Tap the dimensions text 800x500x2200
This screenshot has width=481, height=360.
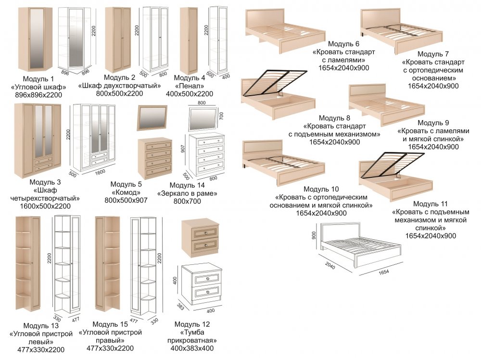click(x=119, y=94)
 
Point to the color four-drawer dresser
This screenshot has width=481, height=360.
click(x=155, y=157)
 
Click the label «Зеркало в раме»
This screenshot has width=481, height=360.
click(x=188, y=194)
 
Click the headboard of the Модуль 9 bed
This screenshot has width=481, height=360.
click(x=367, y=91)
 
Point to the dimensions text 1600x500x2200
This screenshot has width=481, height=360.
click(x=45, y=206)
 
